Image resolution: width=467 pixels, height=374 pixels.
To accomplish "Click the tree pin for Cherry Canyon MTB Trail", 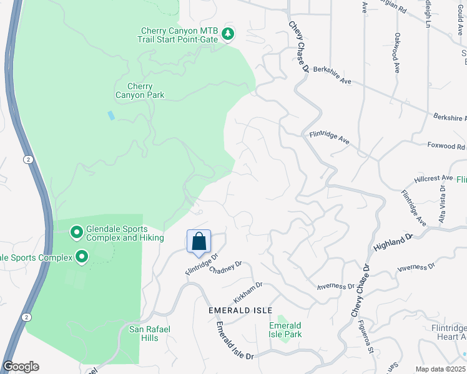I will [228, 34].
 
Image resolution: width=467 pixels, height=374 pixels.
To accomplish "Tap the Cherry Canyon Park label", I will [140, 91].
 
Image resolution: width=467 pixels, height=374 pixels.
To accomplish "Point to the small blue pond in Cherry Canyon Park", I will [111, 115].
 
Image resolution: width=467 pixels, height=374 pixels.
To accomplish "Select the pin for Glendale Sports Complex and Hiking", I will [77, 233].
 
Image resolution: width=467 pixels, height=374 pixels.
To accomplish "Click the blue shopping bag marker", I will [199, 241].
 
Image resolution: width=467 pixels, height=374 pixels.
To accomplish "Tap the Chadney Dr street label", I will [225, 268].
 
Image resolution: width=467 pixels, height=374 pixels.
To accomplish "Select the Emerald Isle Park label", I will [285, 330].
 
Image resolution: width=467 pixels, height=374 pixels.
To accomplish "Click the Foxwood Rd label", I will [446, 147].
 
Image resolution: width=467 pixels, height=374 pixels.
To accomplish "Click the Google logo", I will [21, 367].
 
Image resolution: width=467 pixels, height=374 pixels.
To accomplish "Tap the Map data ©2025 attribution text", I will [440, 369].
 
